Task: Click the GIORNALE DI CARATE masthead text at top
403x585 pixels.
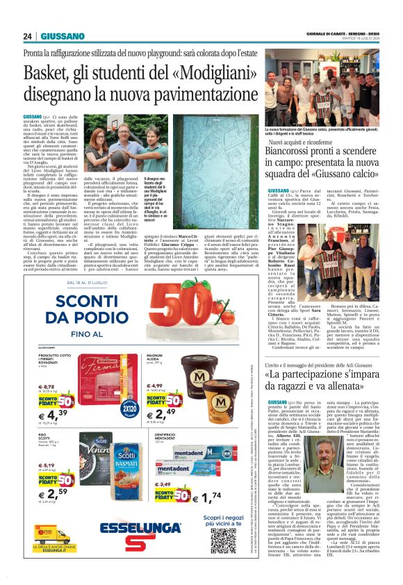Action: coord(332,32)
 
